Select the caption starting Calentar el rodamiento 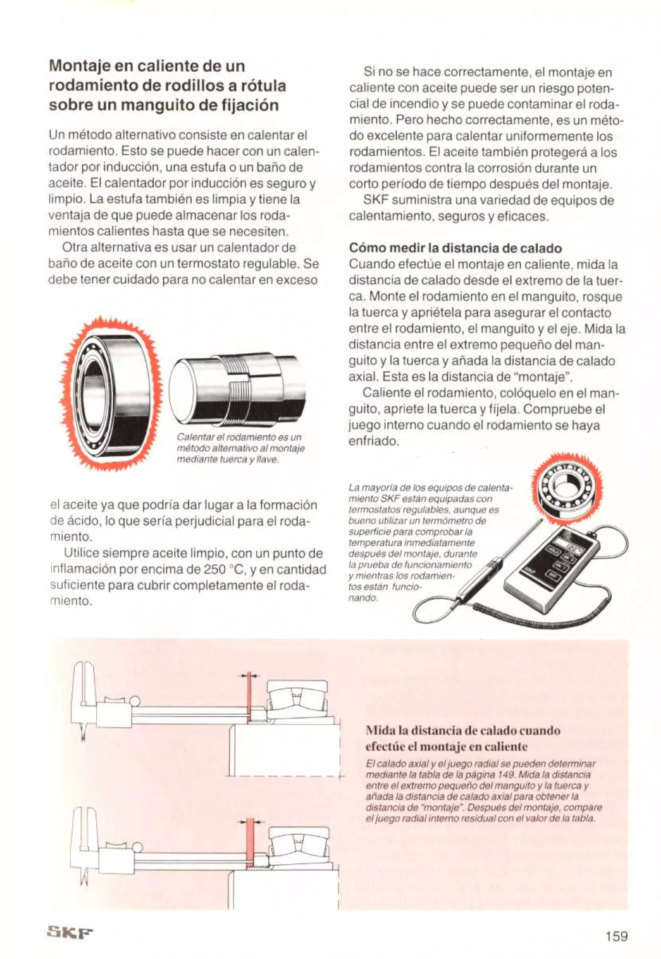(x=240, y=448)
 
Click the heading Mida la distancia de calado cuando (x=463, y=730)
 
